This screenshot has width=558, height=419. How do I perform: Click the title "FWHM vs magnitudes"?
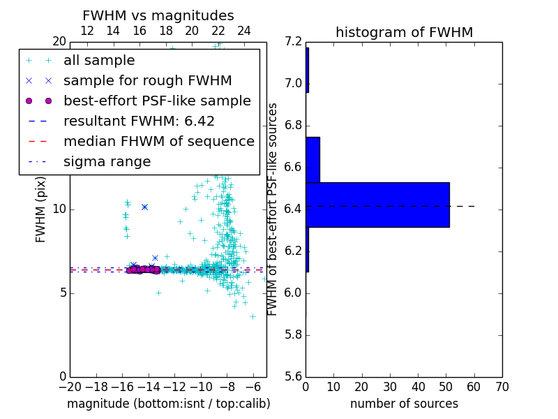tap(158, 15)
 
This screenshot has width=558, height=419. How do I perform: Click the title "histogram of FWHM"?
tap(404, 32)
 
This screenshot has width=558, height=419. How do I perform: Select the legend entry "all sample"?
tap(99, 61)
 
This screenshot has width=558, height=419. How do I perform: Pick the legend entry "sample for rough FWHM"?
tap(147, 81)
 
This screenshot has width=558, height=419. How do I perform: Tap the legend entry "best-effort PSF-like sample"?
tap(157, 101)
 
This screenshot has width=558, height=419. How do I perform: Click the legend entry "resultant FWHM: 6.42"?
tap(139, 121)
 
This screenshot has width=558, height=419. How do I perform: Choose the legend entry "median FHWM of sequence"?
tap(158, 141)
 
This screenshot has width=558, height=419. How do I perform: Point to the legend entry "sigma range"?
tap(107, 161)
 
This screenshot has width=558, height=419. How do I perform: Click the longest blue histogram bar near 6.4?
tap(377, 205)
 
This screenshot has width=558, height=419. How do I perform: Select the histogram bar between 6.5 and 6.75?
tap(312, 159)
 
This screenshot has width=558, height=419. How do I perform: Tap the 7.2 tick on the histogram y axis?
tap(293, 42)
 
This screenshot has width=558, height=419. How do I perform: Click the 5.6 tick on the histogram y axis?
tap(293, 376)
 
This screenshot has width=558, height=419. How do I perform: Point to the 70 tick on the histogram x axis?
tap(502, 387)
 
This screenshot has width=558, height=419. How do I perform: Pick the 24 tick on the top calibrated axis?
tap(244, 31)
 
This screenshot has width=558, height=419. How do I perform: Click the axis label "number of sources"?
tap(404, 404)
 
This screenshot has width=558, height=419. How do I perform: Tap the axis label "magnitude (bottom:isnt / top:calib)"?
tap(168, 404)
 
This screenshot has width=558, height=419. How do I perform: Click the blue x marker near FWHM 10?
tap(144, 207)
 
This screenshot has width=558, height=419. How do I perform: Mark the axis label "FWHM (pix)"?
tap(41, 209)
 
